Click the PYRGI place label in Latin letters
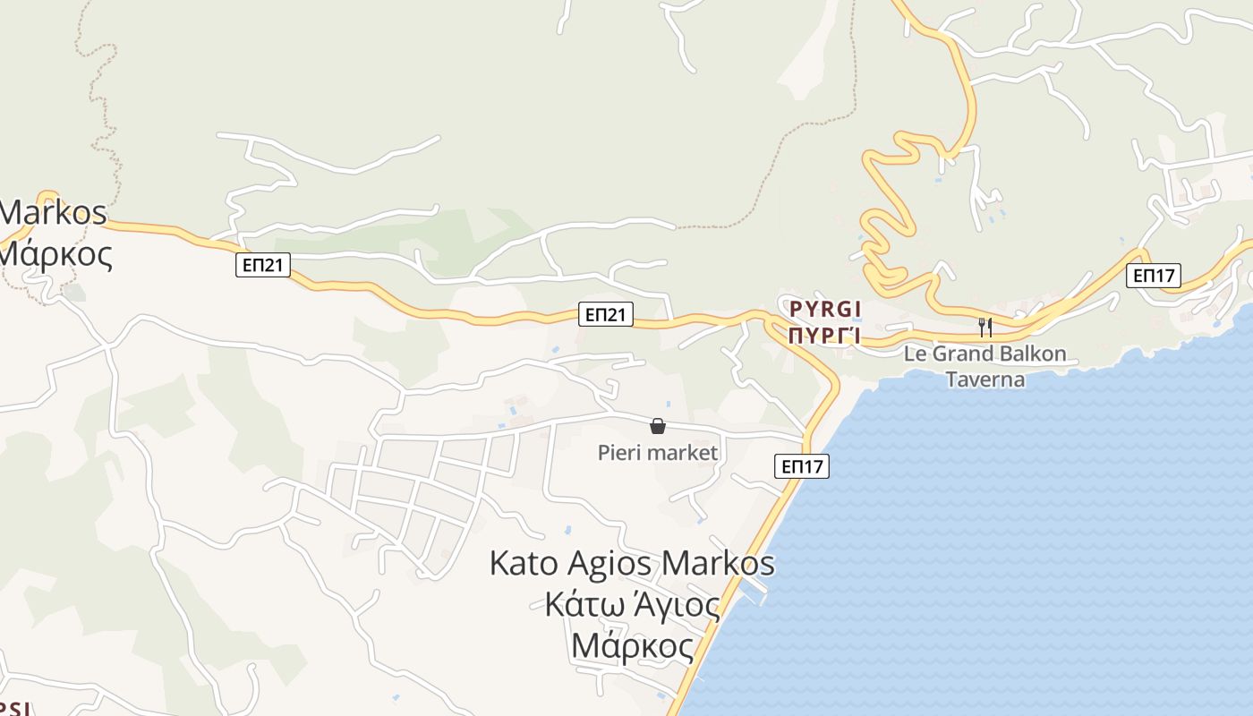point(825,310)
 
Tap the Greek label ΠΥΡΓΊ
point(825,336)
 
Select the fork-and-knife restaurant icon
point(984,327)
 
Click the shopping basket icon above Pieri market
point(658,426)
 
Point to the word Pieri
point(617,453)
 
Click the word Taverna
point(985,379)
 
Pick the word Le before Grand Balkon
point(916,354)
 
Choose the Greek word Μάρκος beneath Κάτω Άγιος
point(632,645)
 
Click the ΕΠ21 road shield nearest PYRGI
point(606,314)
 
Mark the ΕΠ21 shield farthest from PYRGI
point(263,265)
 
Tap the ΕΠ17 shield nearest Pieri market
point(801,466)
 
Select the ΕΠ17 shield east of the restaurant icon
point(1154,276)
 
